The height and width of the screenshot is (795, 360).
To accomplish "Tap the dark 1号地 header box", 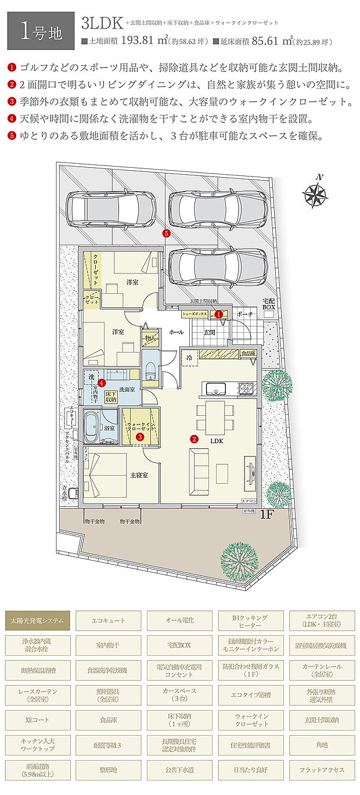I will coord(41,31).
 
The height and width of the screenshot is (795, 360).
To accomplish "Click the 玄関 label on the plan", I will coord(210,332).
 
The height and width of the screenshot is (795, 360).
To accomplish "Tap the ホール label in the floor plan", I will coord(176,332).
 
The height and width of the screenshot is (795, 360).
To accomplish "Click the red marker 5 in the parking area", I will coord(167,233).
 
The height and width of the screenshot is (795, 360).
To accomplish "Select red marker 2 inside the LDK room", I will coord(195,439).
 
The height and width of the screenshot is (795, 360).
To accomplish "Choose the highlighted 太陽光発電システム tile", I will coord(38,620).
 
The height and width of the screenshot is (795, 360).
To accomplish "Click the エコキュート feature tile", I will coord(109,620).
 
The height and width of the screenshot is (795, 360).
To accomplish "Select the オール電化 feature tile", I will coord(179,620).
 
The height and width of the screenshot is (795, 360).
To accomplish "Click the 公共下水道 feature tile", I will coord(179,769).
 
